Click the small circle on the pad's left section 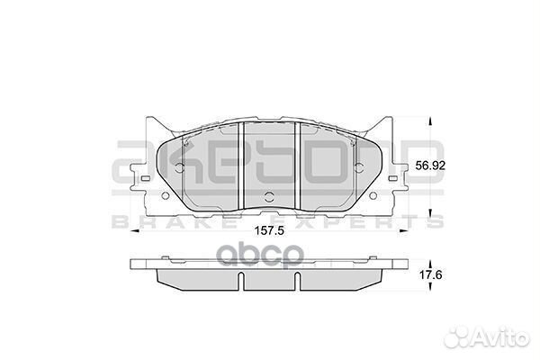[x=177, y=168]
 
